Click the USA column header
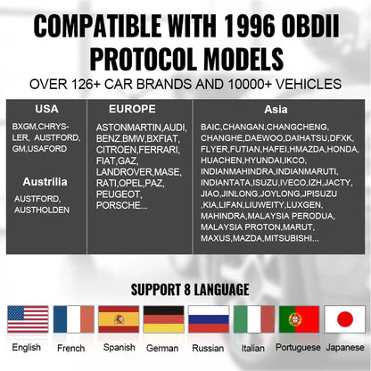46,109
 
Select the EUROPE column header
132,109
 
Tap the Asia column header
276,110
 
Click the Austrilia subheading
45,182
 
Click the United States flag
28,319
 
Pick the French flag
74,319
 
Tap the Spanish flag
119,319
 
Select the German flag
164,319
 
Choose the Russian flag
209,319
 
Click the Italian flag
254,319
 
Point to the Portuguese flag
299,319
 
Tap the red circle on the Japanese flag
345,319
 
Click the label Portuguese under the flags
298,348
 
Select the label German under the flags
162,348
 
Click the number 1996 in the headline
249,26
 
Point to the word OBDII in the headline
310,26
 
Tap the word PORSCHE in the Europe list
119,205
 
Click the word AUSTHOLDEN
42,210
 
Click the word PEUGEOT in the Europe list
118,194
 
